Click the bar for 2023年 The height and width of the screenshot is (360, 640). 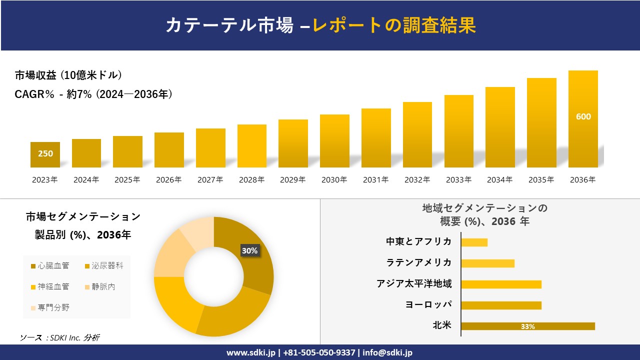tap(45, 155)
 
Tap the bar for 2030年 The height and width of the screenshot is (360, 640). tap(334, 141)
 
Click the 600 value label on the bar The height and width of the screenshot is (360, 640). tap(583, 116)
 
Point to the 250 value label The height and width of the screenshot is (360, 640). tap(45, 153)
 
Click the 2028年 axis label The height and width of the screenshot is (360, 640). tap(251, 180)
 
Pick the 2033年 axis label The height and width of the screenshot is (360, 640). tap(458, 180)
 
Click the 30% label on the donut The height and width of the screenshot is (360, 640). tap(249, 251)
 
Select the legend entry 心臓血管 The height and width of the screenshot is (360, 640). tap(50, 266)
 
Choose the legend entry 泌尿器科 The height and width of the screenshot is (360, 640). tap(104, 266)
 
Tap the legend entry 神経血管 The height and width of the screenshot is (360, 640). tap(50, 286)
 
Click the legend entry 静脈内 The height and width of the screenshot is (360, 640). tap(100, 286)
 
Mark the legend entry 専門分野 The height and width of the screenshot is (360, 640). tap(50, 307)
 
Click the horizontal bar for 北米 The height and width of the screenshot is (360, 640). tap(528, 326)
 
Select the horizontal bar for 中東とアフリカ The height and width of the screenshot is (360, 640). tap(474, 242)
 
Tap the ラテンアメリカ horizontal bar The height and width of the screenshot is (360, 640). tap(487, 263)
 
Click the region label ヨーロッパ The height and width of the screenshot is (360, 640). tap(428, 304)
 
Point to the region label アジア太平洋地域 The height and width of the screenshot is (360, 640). tap(414, 284)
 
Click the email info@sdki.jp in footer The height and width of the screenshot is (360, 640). tap(387, 352)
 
